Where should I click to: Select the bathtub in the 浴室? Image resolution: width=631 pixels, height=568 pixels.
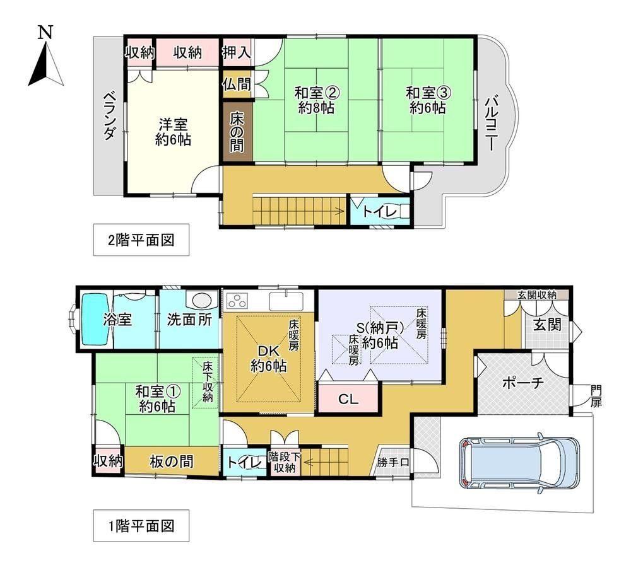pyautogui.click(x=95, y=319)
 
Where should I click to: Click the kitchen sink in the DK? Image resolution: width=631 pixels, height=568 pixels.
pyautogui.click(x=286, y=301)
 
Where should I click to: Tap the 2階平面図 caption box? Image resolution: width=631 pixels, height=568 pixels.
pyautogui.click(x=141, y=240)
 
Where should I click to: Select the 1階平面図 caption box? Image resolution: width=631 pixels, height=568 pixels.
pyautogui.click(x=141, y=525)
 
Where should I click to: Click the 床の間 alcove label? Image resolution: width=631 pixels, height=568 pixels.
pyautogui.click(x=237, y=132)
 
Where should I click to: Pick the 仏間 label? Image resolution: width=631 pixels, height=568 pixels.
pyautogui.click(x=237, y=84)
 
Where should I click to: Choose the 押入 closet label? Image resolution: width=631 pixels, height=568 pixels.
pyautogui.click(x=237, y=52)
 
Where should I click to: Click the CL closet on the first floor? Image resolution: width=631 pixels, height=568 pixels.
pyautogui.click(x=348, y=399)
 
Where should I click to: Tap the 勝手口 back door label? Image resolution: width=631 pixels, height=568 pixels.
pyautogui.click(x=392, y=462)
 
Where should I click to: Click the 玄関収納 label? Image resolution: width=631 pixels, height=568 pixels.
pyautogui.click(x=536, y=294)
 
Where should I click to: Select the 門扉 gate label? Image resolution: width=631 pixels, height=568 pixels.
pyautogui.click(x=596, y=396)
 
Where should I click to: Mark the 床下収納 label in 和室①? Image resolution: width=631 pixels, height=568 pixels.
pyautogui.click(x=207, y=382)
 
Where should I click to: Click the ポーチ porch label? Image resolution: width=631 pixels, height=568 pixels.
pyautogui.click(x=522, y=383)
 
